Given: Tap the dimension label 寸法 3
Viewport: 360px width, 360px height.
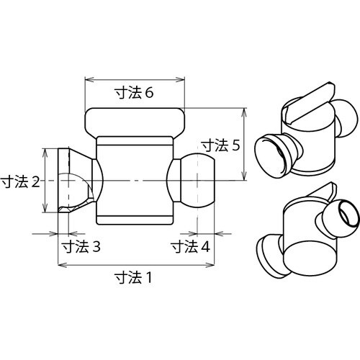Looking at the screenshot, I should tap(80, 246).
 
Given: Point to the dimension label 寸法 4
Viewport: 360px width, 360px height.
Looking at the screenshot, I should tap(190, 246).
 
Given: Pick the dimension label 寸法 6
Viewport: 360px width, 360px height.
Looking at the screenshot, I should tap(135, 93).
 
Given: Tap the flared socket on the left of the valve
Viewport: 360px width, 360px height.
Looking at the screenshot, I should tap(73, 179).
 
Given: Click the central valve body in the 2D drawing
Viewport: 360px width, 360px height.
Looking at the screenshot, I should tap(135, 180).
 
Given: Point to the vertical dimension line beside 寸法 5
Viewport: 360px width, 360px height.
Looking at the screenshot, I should tap(246, 144).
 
